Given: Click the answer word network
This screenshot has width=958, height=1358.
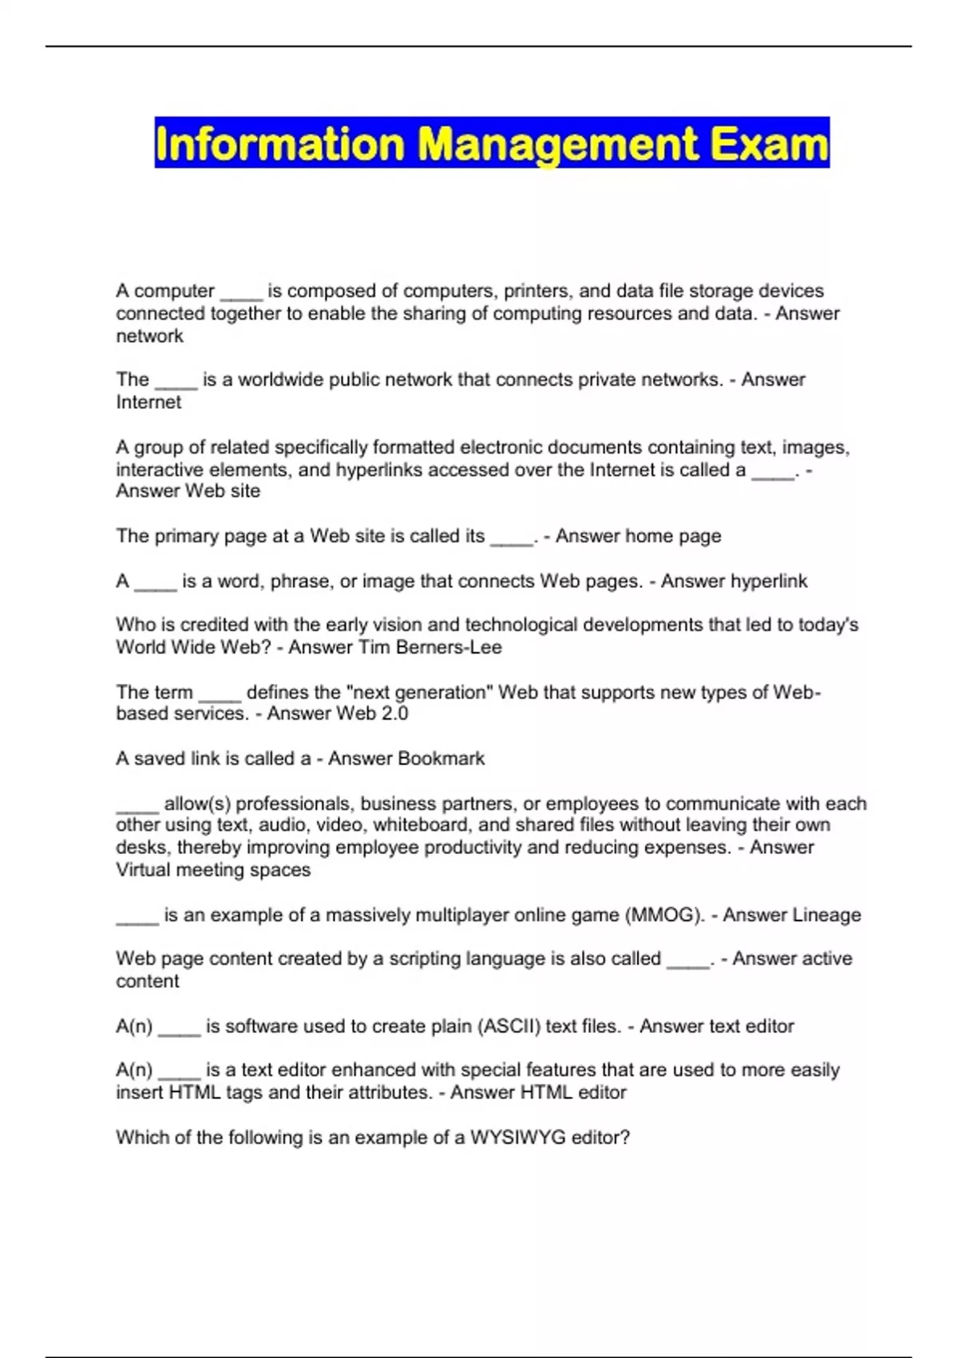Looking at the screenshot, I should pyautogui.click(x=149, y=336).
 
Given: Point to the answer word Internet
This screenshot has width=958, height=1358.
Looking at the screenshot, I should pyautogui.click(x=148, y=403).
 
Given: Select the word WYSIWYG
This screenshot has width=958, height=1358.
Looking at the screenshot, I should pyautogui.click(x=507, y=1138).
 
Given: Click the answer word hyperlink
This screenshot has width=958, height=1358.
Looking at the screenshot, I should pyautogui.click(x=770, y=581).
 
